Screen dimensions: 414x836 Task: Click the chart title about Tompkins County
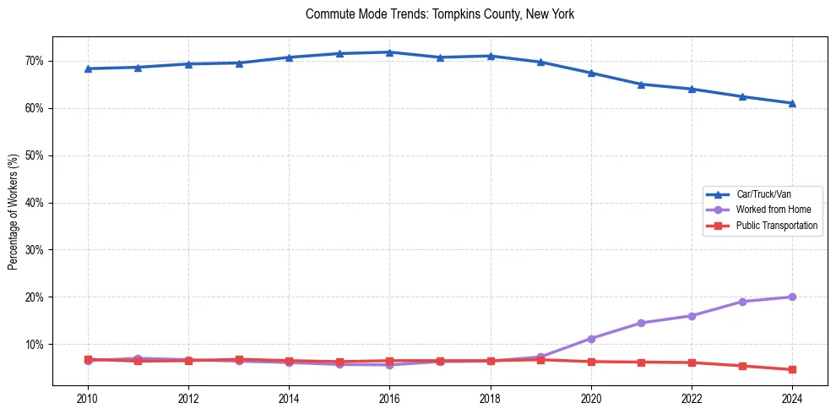440,14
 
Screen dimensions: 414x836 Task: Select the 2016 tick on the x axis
389,398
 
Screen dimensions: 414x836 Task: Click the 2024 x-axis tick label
792,398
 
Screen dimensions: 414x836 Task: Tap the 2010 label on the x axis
88,398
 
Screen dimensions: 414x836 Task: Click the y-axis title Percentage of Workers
14,212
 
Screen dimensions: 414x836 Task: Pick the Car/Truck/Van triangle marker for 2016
389,52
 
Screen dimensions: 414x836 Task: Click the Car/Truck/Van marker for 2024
792,103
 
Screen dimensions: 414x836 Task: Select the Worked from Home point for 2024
792,297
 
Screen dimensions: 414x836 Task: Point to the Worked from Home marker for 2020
591,338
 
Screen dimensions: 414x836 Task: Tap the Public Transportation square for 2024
792,369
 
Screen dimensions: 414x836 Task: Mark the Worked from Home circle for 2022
692,316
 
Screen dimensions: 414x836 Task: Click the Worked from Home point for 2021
641,323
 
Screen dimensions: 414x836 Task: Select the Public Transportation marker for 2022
692,362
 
